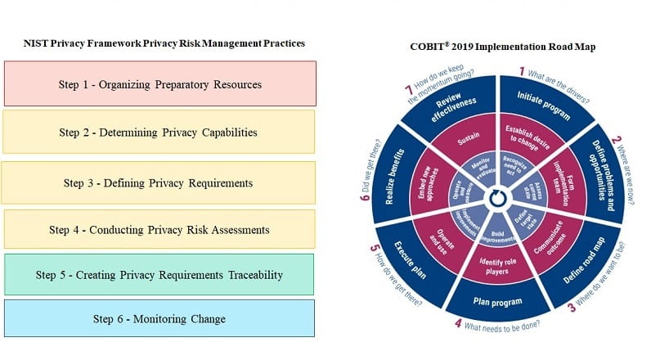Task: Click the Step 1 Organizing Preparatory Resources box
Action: (159, 83)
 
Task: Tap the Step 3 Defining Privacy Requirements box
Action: (159, 182)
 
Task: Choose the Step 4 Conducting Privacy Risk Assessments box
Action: (159, 230)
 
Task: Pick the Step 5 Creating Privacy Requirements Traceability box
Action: (159, 275)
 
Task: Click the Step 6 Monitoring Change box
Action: (159, 318)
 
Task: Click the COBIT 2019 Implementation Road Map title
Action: (502, 47)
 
